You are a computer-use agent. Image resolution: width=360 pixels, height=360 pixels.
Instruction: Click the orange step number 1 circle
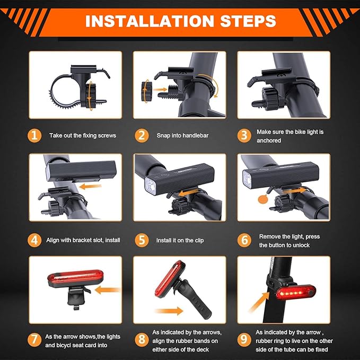pyautogui.click(x=35, y=135)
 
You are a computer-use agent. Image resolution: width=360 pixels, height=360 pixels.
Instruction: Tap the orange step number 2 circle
pyautogui.click(x=141, y=135)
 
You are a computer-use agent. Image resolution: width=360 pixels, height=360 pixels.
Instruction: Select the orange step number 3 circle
pyautogui.click(x=244, y=135)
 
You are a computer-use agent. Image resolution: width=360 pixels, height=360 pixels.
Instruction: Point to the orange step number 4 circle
pyautogui.click(x=35, y=240)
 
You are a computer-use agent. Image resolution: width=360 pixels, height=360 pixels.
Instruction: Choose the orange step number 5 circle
pyautogui.click(x=141, y=240)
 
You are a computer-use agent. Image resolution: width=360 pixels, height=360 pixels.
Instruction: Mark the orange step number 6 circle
pyautogui.click(x=244, y=240)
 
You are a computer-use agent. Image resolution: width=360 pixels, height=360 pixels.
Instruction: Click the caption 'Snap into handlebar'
pyautogui.click(x=182, y=136)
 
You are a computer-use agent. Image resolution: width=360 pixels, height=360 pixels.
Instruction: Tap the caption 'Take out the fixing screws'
pyautogui.click(x=82, y=136)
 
